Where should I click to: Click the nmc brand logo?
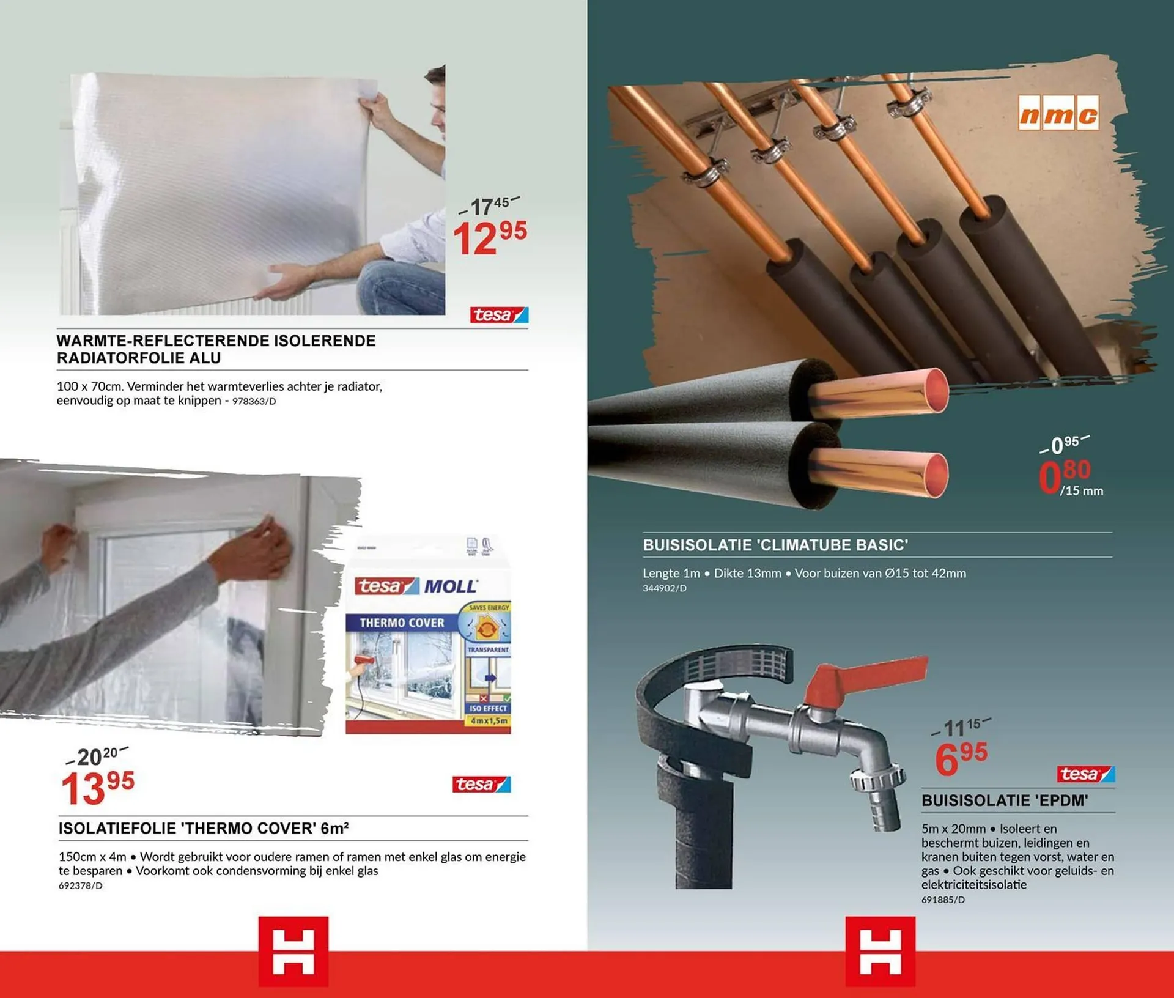(1058, 113)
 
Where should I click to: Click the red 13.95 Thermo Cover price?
(97, 788)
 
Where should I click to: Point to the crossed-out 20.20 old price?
(97, 756)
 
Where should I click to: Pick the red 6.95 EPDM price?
(961, 758)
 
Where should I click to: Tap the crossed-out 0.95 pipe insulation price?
(1064, 445)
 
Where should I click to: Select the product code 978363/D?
(254, 402)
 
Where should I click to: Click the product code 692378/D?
(81, 885)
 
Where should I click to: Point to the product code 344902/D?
(664, 588)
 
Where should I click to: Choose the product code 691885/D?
(943, 900)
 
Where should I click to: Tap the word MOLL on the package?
(450, 586)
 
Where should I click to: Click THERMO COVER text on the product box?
(402, 623)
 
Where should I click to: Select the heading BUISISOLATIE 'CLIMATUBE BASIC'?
(775, 545)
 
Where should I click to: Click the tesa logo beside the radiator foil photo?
(498, 315)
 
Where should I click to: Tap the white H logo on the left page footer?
(293, 952)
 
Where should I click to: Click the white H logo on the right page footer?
(880, 952)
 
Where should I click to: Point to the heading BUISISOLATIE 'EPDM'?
(1005, 800)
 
